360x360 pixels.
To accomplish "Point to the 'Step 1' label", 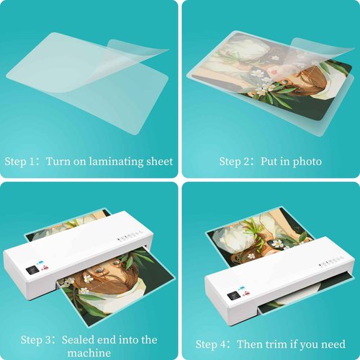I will click(x=22, y=161).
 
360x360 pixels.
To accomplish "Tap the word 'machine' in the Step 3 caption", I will click(x=90, y=353).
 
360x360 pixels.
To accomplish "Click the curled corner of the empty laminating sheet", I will click(x=144, y=50).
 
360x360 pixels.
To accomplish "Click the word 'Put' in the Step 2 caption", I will click(x=268, y=161).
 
